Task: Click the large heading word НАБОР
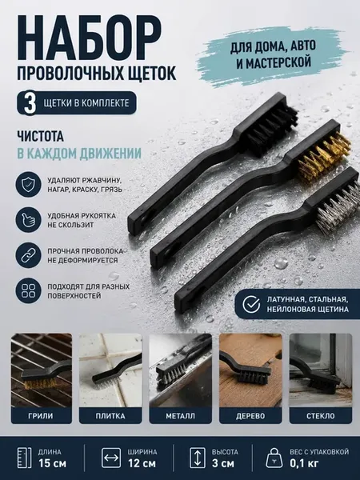point(89,38)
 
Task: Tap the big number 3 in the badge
point(30,103)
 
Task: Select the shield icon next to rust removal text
point(29,184)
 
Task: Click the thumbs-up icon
point(29,220)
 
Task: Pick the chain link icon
point(29,255)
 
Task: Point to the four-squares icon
point(29,290)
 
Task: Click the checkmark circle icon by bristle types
point(251,304)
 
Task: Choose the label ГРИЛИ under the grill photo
point(41,416)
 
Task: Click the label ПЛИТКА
point(110,416)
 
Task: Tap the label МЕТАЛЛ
point(180,416)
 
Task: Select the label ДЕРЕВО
point(250,416)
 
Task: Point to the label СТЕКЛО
point(321,416)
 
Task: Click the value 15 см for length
point(52,463)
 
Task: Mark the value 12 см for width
point(142,463)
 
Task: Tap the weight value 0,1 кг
point(304,463)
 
